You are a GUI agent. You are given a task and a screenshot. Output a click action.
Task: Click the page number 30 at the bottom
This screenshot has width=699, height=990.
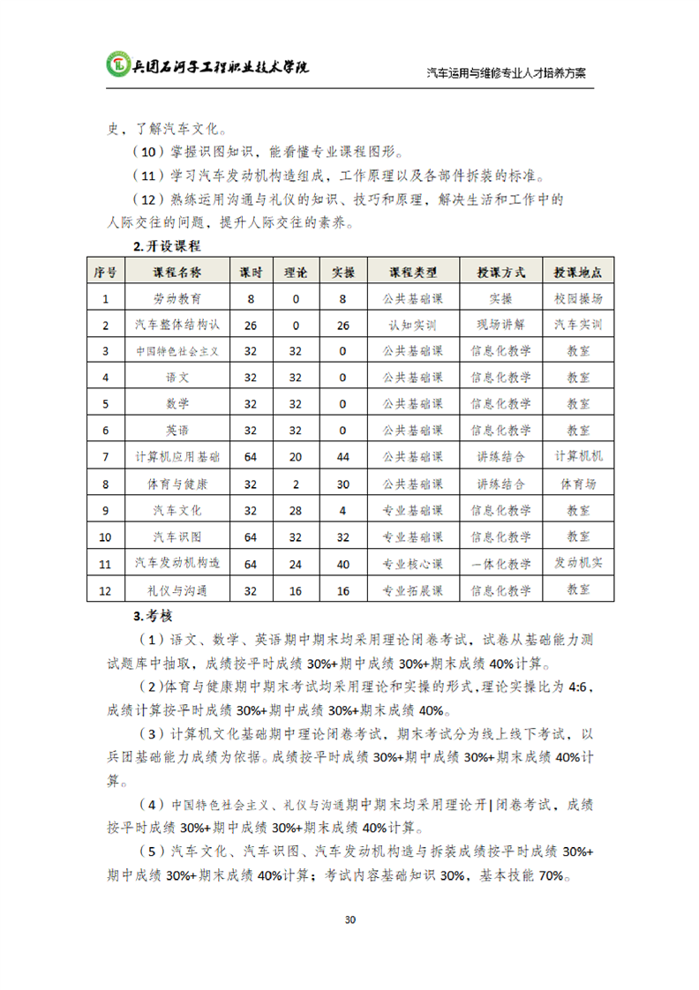[x=349, y=919]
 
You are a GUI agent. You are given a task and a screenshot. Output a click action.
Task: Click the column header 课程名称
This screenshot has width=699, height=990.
[x=177, y=272]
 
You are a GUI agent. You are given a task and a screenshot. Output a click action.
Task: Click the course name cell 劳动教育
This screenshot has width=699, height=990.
[x=177, y=298]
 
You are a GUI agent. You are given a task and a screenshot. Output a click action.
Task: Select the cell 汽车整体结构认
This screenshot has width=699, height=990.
[x=177, y=325]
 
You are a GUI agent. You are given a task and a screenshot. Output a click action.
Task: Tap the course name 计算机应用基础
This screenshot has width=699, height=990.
[x=177, y=457]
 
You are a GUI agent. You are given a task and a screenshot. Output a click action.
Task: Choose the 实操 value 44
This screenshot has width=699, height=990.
[x=343, y=457]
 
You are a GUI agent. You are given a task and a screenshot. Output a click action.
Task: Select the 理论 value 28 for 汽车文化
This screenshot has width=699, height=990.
[x=296, y=510]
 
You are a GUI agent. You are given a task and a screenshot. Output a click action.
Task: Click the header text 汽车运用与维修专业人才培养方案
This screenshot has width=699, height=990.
[x=507, y=73]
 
